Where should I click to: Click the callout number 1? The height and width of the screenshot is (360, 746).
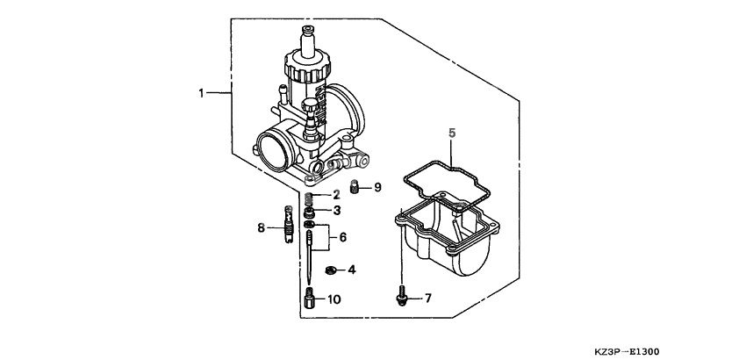pos(201,92)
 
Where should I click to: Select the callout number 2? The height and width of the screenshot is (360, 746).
pos(335,195)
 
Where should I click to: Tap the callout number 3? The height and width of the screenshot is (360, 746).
pos(335,212)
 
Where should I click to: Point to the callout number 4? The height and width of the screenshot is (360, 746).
pos(353,270)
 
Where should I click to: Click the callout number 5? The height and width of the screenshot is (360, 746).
pos(452,133)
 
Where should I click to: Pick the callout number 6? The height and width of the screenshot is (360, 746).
pos(343,237)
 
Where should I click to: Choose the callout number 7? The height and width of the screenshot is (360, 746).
pos(427,299)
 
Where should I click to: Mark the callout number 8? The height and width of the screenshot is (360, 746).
pos(261,228)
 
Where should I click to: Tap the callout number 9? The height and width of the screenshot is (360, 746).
pos(377,187)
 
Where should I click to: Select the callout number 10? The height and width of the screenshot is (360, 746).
pos(334,299)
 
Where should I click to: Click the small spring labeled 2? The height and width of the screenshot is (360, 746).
pos(311,194)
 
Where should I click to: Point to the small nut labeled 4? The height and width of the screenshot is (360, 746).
pos(330,270)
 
